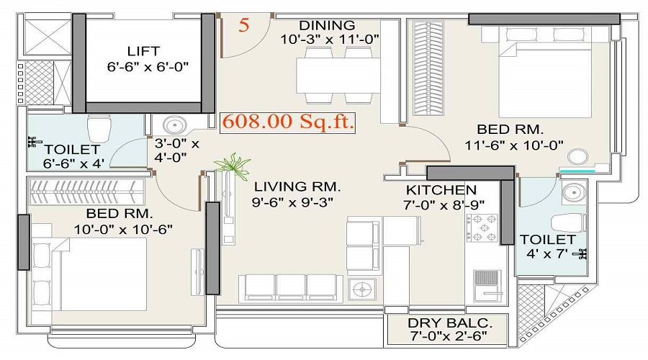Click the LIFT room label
(x=143, y=51)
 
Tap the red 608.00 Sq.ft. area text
(x=287, y=122)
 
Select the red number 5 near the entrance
(x=244, y=24)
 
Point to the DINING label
(x=327, y=25)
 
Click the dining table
(x=338, y=75)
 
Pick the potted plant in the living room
(x=233, y=165)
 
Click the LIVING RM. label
(x=297, y=186)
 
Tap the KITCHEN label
(x=441, y=190)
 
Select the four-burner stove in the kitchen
(x=482, y=228)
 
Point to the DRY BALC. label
(x=450, y=323)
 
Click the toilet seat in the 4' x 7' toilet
(x=569, y=222)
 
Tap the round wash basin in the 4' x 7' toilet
(x=574, y=192)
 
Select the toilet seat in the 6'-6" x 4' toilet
(x=99, y=127)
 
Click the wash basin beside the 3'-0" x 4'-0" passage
(x=174, y=125)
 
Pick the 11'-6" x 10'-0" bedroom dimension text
(x=514, y=145)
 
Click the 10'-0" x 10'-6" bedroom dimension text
(x=123, y=229)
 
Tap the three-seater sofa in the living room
(x=292, y=288)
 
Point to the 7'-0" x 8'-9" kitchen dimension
(x=444, y=204)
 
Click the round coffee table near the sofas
(x=362, y=289)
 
